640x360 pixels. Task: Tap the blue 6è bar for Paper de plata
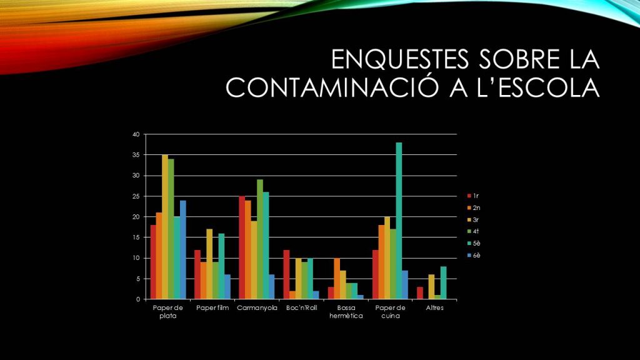point(183,250)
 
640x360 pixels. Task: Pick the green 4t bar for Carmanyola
point(259,239)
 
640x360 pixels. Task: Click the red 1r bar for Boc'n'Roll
point(286,274)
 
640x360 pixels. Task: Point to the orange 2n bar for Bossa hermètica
point(337,279)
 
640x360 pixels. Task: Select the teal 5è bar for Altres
point(443,283)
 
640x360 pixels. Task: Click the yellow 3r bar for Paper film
point(209,264)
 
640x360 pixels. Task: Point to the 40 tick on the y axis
point(136,134)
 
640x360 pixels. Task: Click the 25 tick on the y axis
point(136,196)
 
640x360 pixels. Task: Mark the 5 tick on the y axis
point(137,279)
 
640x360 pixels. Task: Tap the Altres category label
point(434,307)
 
